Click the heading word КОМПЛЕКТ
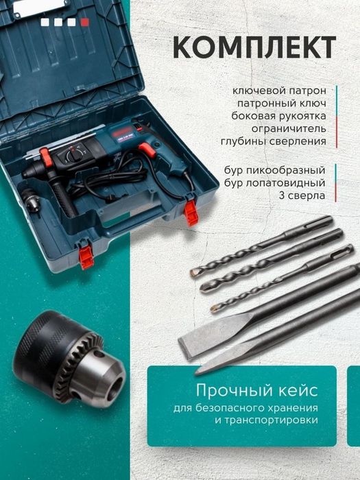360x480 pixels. point(254,47)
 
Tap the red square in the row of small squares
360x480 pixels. point(85,22)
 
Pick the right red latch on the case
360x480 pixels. point(191,212)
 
